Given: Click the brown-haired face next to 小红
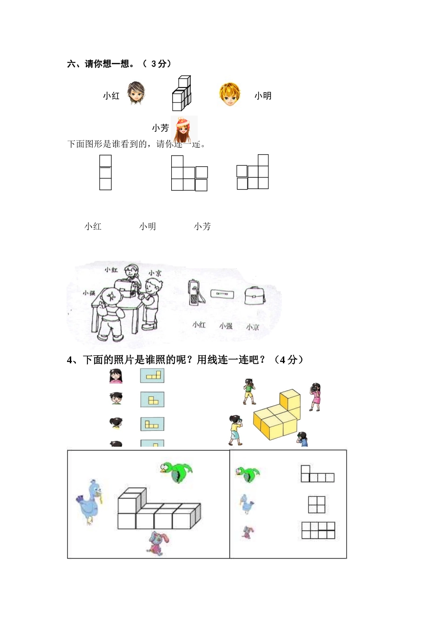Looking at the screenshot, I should point(136,93).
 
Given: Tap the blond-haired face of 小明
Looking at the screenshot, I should point(230,94).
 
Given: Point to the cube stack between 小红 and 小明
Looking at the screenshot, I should point(181,93).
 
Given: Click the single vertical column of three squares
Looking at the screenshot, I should point(106,172).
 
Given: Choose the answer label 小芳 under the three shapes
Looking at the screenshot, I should point(202,226).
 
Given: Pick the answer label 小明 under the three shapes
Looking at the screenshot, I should point(147,226).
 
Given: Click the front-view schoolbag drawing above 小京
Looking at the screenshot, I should point(254,295).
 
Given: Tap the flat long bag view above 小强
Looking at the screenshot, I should point(222,294).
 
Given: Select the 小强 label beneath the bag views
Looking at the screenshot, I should point(226,326).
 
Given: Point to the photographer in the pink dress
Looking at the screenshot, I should point(315,396).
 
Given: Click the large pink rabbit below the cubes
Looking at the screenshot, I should point(158,544).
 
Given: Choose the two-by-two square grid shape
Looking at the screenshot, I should point(316,504).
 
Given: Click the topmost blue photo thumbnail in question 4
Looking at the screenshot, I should point(152,375).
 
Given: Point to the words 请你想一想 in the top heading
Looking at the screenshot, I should point(107,64).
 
